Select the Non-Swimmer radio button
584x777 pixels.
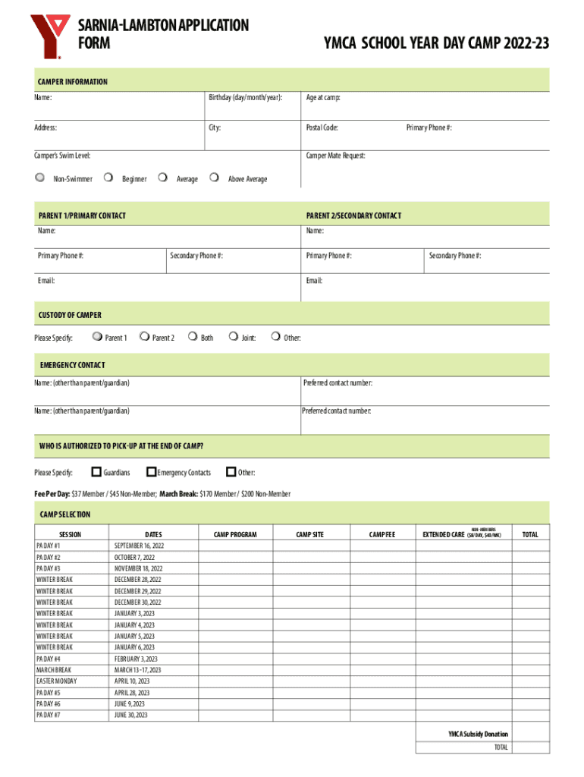pyautogui.click(x=40, y=178)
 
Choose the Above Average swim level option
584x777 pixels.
pyautogui.click(x=215, y=178)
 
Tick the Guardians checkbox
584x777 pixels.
pyautogui.click(x=96, y=472)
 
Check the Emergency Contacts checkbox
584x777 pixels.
pyautogui.click(x=151, y=472)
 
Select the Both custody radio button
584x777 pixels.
pyautogui.click(x=192, y=337)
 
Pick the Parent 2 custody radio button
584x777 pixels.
pyautogui.click(x=144, y=337)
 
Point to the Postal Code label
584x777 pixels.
pyautogui.click(x=322, y=127)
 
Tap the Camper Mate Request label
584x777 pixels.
pyautogui.click(x=335, y=156)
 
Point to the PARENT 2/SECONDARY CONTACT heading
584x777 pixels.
pyautogui.click(x=353, y=215)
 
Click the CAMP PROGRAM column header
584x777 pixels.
pyautogui.click(x=235, y=534)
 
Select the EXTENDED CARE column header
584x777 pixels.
pyautogui.click(x=443, y=534)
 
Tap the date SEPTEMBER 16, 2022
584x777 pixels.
pyautogui.click(x=139, y=546)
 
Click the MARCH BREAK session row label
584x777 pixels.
pyautogui.click(x=53, y=670)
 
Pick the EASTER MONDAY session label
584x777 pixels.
pyautogui.click(x=56, y=681)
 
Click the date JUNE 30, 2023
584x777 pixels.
pyautogui.click(x=131, y=715)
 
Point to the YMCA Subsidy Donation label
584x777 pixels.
pyautogui.click(x=478, y=734)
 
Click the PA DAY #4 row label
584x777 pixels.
pyautogui.click(x=50, y=659)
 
